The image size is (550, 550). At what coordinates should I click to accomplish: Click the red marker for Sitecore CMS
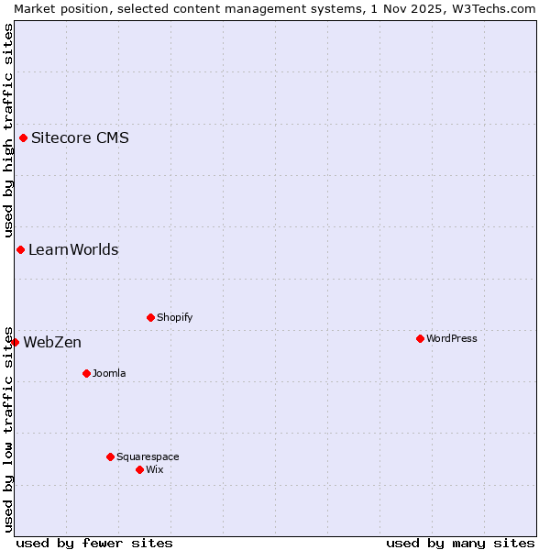24,138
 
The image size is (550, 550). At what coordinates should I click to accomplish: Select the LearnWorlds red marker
20,250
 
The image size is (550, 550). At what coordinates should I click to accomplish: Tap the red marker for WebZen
16,343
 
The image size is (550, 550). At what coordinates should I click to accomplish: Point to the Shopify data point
151,318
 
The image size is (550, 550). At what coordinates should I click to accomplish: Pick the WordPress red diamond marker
421,339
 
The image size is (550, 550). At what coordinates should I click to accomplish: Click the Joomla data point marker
87,374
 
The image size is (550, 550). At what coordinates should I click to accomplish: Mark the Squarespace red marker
111,457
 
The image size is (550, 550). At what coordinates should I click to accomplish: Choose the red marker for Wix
140,470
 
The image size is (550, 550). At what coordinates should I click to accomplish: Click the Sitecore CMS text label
80,138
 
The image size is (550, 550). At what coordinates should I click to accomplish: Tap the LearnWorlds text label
73,250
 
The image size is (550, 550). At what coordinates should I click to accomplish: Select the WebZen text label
52,343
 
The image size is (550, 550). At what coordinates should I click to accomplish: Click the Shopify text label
174,318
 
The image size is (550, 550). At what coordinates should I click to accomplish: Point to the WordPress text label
451,339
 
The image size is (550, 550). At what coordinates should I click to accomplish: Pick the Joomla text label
109,374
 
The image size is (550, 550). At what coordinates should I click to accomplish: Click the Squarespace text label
148,457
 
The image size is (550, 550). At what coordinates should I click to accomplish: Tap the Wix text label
154,470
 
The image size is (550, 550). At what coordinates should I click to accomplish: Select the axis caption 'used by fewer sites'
94,543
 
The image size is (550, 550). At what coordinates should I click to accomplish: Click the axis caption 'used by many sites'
460,543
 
